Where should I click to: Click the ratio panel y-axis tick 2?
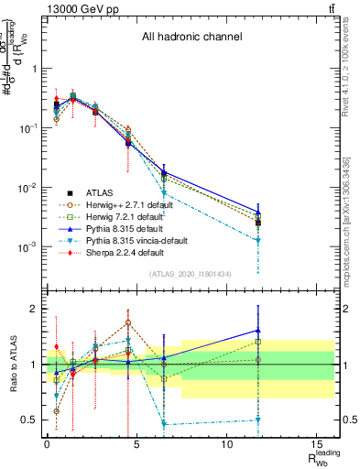pyautogui.click(x=34, y=309)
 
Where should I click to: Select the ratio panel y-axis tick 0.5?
pyautogui.click(x=30, y=420)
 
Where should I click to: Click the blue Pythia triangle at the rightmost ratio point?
pyautogui.click(x=258, y=331)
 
